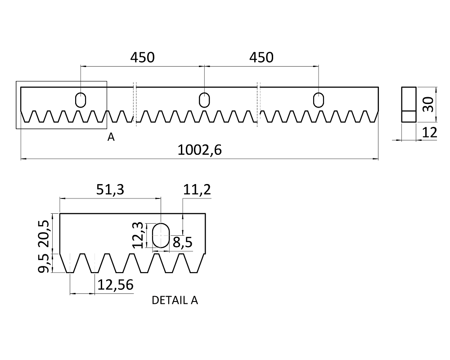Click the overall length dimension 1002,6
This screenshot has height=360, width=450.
coord(199,150)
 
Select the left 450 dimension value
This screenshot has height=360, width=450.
coord(142,58)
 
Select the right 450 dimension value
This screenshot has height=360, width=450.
coord(261,58)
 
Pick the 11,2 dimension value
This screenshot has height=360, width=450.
coord(197,189)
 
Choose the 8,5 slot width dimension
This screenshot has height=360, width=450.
coord(182,243)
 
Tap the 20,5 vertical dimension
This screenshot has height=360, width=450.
coord(45,233)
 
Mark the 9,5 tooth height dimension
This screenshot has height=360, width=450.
coord(45,263)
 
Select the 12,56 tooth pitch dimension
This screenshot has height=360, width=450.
coord(115,285)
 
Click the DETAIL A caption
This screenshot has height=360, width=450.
coord(175,300)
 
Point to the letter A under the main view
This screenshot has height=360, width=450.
coord(111,137)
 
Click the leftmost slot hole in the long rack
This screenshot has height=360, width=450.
coord(81,99)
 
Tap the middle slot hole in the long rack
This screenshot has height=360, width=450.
coord(204,99)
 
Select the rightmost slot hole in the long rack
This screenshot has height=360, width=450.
coord(319,99)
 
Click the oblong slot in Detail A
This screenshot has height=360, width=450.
coord(160,235)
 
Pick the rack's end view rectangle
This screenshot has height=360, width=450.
coord(409,104)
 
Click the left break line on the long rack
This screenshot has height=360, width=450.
coord(135,103)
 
